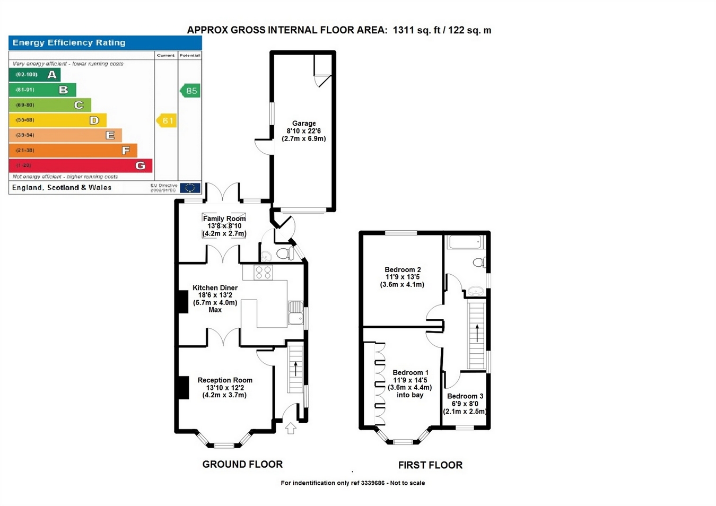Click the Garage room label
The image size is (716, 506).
pos(304,124)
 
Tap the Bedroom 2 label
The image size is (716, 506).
pos(403,269)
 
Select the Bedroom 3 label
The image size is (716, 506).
pos(465,396)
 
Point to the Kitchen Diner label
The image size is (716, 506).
pos(215,288)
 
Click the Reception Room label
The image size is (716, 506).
pos(225,380)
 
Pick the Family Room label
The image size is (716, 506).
pos(224,219)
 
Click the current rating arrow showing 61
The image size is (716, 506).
pos(166,121)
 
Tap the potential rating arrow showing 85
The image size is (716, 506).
pos(189,91)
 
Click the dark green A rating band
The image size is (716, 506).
pos(35,75)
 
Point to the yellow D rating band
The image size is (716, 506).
pos(58,120)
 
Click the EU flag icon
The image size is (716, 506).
pos(189,188)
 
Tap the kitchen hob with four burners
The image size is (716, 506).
pos(264,273)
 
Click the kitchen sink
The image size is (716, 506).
pos(295,312)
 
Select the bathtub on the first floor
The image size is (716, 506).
pos(465,242)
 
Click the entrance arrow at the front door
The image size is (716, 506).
pos(291,428)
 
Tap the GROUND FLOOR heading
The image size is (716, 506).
pos(242,465)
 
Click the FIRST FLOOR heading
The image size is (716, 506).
pos(430,465)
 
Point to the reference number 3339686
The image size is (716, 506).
pos(372,483)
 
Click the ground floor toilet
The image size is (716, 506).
pos(285,254)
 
